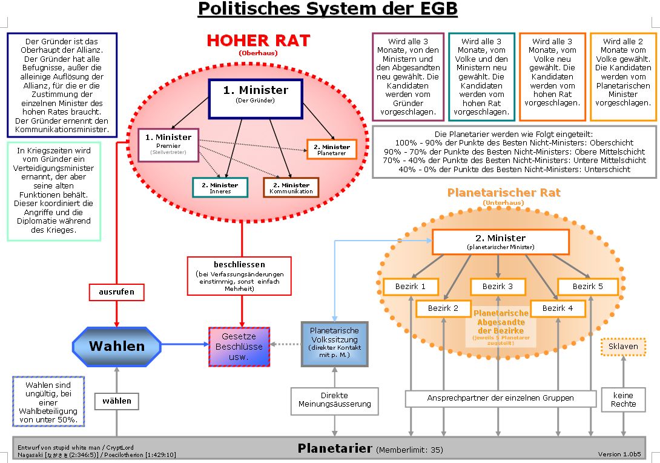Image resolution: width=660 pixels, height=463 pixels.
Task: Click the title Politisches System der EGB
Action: point(328,9)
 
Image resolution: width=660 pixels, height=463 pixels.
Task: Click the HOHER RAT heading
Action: point(258,41)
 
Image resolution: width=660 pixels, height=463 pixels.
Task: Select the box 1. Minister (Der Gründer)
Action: point(256,98)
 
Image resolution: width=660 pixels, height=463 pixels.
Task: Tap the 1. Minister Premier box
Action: point(168,145)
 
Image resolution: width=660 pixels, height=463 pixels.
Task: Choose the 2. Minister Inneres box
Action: point(220,187)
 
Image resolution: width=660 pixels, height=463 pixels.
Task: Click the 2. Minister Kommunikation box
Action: point(291,187)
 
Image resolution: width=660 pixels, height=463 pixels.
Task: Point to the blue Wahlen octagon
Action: point(117,347)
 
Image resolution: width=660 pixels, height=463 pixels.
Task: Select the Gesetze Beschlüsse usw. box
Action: point(239,347)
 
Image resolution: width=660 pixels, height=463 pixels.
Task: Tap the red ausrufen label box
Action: point(116,292)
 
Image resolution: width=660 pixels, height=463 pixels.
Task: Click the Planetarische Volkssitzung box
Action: point(334,344)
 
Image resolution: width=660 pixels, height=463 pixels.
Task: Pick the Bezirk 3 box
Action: point(498,286)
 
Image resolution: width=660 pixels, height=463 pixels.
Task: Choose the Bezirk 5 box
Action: point(587,286)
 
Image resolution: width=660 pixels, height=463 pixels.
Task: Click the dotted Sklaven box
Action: point(623,346)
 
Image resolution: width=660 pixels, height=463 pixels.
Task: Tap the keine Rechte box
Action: point(623,399)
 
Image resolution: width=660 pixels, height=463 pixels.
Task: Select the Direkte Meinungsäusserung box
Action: point(334,400)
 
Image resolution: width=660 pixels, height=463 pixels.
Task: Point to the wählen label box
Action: point(117,401)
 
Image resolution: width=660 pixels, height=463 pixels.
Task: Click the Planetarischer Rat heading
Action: point(504,193)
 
